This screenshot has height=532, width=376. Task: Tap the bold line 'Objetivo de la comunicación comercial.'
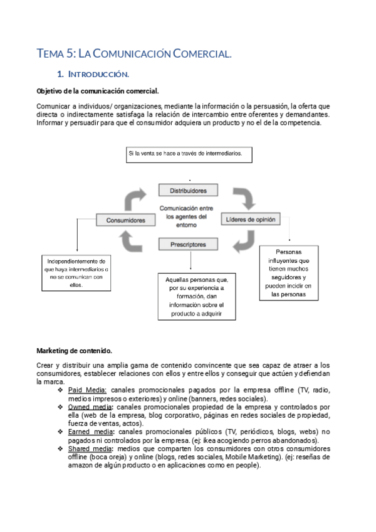(98, 91)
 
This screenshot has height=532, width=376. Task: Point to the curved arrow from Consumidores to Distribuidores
(137, 199)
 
